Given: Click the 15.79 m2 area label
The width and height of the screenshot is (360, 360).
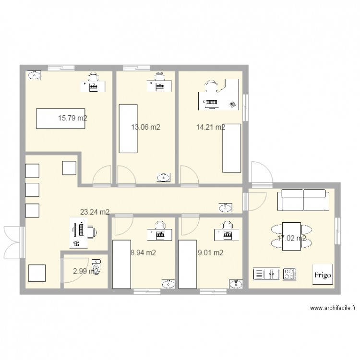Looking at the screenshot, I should click(72, 118).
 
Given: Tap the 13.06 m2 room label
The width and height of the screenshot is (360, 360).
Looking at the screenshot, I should click(145, 127).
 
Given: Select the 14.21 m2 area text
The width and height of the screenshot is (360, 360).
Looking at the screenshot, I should click(210, 127).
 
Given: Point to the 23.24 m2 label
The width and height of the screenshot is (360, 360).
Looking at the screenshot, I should click(95, 212).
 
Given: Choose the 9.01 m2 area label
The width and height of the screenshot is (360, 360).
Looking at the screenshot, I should click(210, 253).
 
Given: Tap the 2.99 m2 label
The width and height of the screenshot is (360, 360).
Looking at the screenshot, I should click(85, 272).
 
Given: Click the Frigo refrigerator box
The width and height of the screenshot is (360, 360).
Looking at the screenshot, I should click(322, 275).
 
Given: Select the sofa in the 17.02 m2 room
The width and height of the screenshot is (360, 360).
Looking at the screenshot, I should click(303, 200).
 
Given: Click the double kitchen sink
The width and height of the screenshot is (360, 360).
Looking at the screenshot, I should click(266, 274).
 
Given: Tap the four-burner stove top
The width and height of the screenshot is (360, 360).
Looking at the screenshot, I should click(289, 274).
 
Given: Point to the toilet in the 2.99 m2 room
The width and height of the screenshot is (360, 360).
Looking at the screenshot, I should click(96, 266).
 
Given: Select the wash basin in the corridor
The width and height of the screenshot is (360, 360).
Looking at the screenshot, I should click(226, 208).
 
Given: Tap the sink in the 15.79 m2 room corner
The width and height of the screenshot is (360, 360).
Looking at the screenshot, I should click(34, 75).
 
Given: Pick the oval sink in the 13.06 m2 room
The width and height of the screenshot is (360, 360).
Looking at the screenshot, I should click(164, 178).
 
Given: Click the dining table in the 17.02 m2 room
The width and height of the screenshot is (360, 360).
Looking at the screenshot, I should click(291, 236).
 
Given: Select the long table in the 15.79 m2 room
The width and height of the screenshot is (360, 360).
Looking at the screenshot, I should click(60, 118).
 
